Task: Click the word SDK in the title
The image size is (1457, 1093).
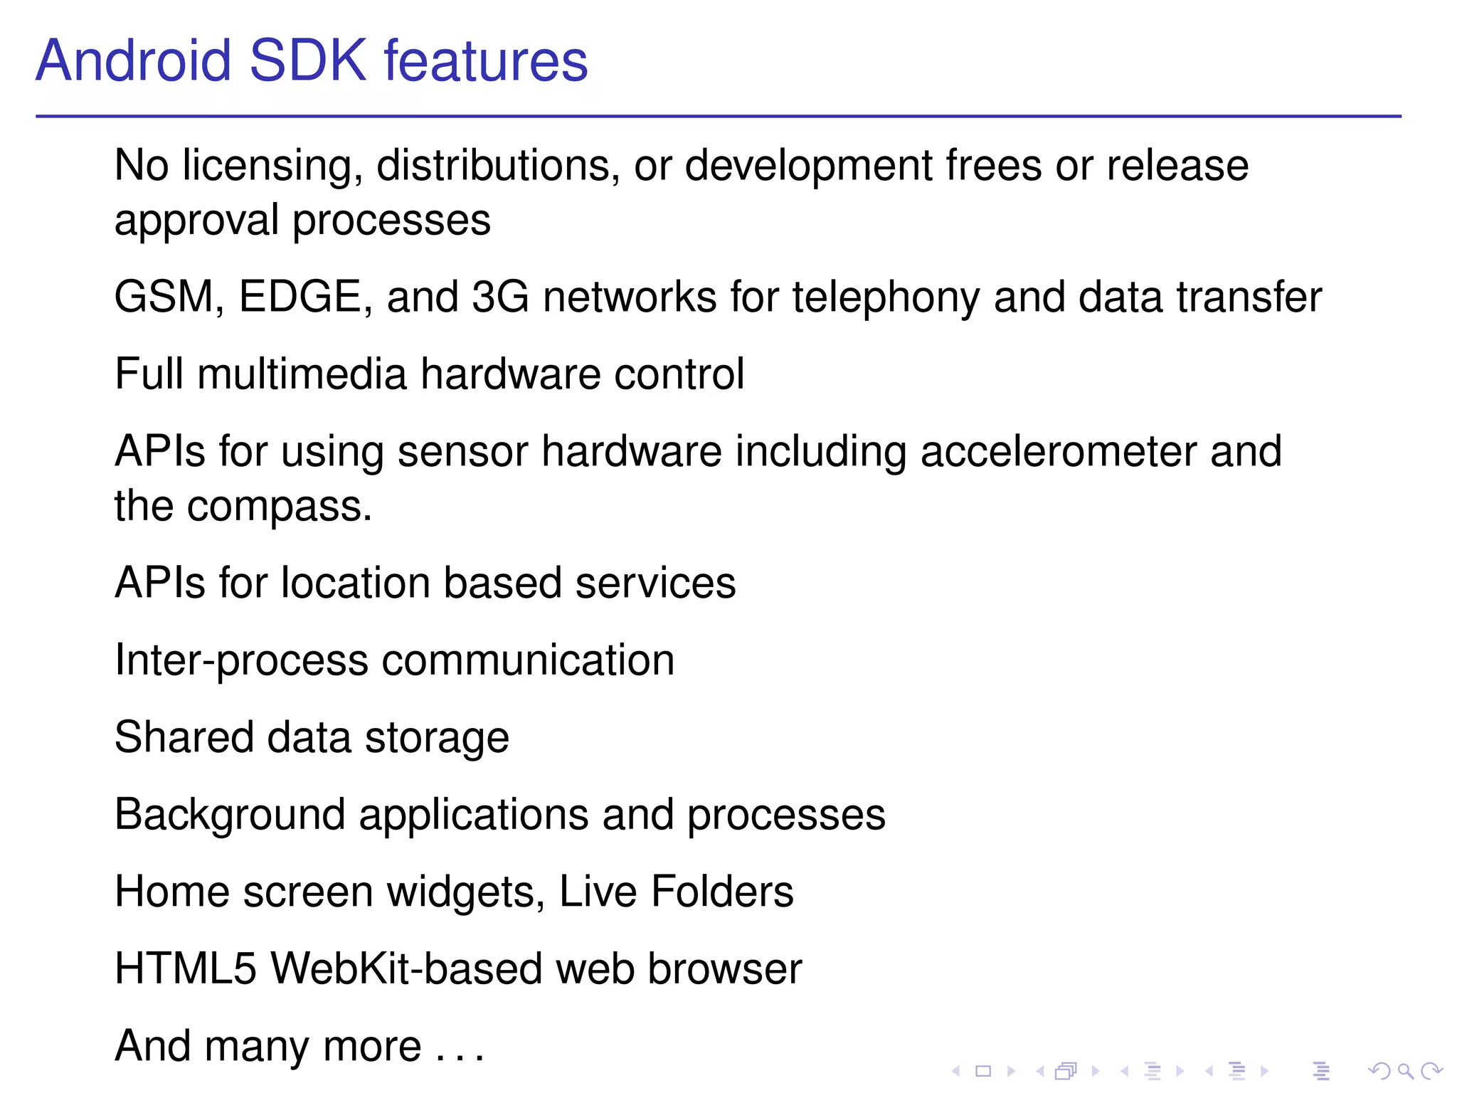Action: point(307,60)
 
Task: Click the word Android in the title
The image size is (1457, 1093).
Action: point(134,60)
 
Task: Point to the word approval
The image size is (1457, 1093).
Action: point(196,221)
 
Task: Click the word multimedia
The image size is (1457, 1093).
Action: point(302,374)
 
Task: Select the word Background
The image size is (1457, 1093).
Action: point(230,815)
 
